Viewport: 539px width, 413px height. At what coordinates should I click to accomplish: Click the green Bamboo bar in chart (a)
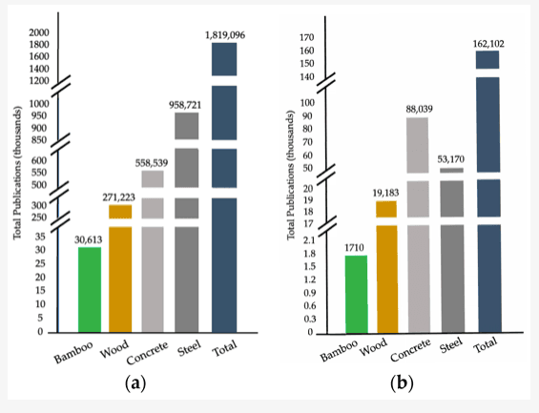point(90,289)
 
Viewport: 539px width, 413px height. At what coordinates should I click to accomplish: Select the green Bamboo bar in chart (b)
point(357,294)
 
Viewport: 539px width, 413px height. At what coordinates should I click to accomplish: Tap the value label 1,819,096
point(225,35)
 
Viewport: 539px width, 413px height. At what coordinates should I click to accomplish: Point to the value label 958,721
point(185,105)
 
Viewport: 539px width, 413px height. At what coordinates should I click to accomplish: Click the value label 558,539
point(152,163)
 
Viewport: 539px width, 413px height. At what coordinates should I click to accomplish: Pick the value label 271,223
point(119,197)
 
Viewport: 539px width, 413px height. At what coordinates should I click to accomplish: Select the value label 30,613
point(89,239)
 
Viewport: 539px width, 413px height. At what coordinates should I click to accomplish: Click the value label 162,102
point(488,44)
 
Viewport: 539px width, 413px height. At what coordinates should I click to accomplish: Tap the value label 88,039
point(419,109)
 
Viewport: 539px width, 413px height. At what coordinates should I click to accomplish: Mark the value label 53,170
point(450,159)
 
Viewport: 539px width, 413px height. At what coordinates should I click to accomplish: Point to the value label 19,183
point(385,193)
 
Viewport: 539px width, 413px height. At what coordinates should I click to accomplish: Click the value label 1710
point(355,248)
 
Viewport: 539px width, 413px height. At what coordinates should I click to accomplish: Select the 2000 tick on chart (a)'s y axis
point(39,32)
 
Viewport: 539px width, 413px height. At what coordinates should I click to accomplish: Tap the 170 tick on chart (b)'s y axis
point(306,37)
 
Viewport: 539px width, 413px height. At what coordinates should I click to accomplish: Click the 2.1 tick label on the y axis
point(309,240)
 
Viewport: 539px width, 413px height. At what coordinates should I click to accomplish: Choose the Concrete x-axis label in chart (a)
point(147,353)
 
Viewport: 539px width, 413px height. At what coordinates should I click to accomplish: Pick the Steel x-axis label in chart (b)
point(451,345)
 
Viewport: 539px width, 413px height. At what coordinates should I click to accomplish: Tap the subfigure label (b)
point(402,382)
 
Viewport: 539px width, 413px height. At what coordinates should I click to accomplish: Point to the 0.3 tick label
point(309,320)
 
